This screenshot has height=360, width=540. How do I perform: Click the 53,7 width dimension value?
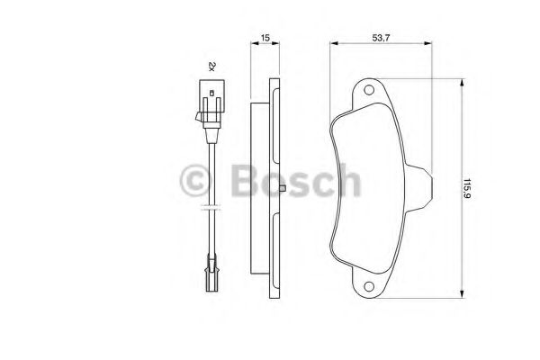(x=381, y=38)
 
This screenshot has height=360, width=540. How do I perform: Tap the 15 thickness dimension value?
(x=265, y=38)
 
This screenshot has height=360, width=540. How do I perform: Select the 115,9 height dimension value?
(x=467, y=188)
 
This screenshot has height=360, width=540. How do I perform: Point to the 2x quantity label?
(x=211, y=66)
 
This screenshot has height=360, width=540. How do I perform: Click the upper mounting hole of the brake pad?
(x=369, y=90)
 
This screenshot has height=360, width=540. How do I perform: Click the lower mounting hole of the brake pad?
(x=369, y=286)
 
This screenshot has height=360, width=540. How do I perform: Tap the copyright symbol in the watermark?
(x=195, y=180)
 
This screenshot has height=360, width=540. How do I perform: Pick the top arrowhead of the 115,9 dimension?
(x=463, y=83)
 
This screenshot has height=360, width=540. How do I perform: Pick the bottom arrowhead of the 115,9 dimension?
(x=463, y=293)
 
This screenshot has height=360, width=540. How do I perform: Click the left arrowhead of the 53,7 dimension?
(x=334, y=43)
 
